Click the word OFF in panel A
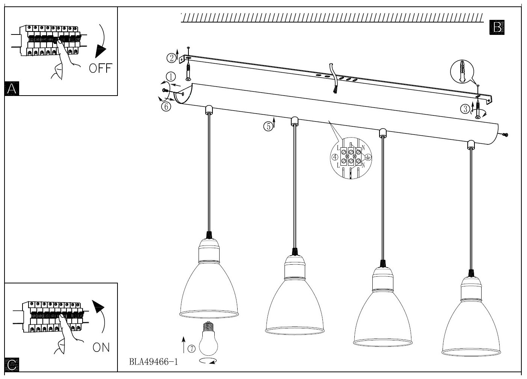pyautogui.click(x=101, y=68)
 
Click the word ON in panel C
pyautogui.click(x=101, y=348)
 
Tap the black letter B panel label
pyautogui.click(x=497, y=27)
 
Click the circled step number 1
pyautogui.click(x=170, y=77)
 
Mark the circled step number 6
pyautogui.click(x=166, y=106)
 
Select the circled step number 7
pyautogui.click(x=191, y=349)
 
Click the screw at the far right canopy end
pyautogui.click(x=505, y=134)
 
